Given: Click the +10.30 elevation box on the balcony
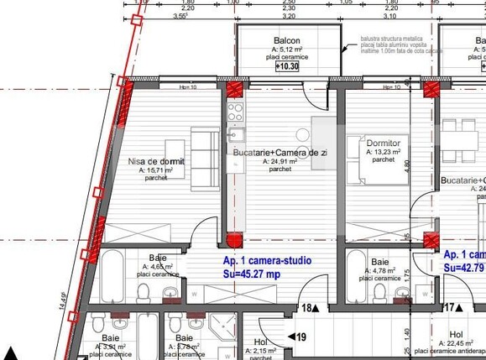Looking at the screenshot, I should (x=287, y=65).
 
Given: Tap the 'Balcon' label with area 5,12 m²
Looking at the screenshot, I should (x=287, y=41).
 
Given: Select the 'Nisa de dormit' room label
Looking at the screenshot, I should (x=156, y=161).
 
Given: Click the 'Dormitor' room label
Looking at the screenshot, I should (x=384, y=143).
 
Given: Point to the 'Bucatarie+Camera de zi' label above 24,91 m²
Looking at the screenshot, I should (x=280, y=152).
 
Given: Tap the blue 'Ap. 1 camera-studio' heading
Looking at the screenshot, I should (x=267, y=261).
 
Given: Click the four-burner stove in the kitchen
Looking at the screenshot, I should (x=236, y=112).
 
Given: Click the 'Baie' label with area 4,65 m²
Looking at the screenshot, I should (x=158, y=258).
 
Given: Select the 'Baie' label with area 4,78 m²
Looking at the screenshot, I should (x=380, y=263).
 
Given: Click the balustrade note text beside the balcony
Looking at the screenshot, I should (x=395, y=45).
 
